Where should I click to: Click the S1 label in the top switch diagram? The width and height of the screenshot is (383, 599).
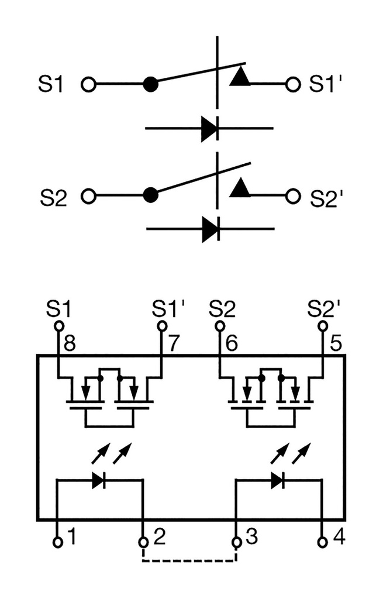[51, 84]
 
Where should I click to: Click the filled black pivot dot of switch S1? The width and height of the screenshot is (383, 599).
[151, 84]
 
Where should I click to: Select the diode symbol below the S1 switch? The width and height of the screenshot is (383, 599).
[209, 128]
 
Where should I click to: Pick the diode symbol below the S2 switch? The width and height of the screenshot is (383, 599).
[210, 229]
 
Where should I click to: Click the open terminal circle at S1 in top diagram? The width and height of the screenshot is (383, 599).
[88, 84]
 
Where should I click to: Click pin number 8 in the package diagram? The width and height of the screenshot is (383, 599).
[70, 343]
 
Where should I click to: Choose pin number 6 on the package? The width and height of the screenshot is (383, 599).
[231, 343]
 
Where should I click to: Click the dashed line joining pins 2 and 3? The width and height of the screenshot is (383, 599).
[189, 562]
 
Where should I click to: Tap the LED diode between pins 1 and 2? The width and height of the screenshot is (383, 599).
[98, 480]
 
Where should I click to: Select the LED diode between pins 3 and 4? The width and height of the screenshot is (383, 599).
[277, 480]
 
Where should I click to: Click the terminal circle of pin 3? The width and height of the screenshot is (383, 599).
[236, 542]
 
